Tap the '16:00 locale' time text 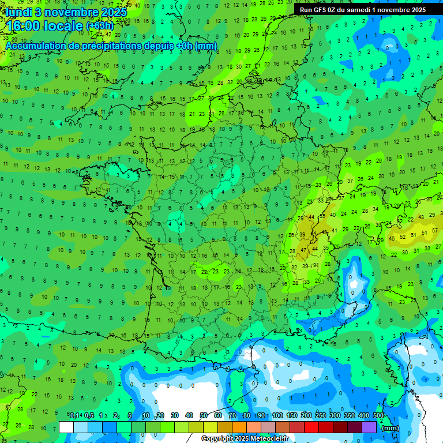[43, 25]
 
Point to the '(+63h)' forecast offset [100, 26]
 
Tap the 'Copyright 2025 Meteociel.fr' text [245, 438]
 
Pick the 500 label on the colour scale [378, 416]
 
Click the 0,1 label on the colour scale [74, 416]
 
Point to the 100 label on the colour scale [277, 416]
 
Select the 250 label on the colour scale [321, 416]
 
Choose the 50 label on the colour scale [204, 416]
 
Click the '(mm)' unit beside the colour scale [391, 428]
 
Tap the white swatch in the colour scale [66, 427]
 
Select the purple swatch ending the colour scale [369, 427]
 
